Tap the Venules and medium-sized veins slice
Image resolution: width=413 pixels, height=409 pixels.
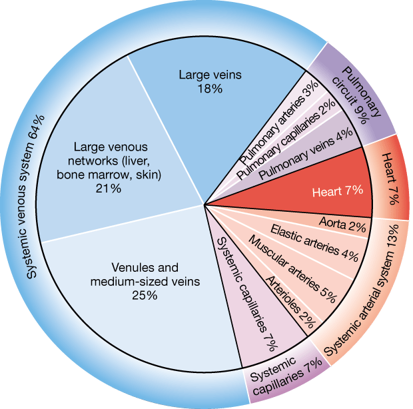(133, 280)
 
